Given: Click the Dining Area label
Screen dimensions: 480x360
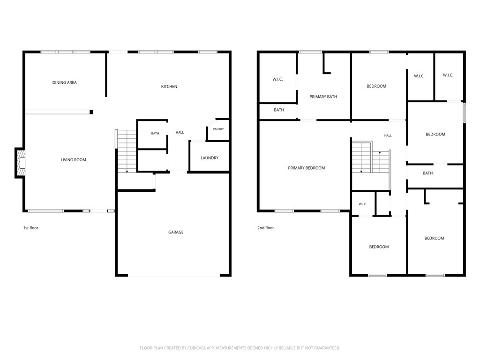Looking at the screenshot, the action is coord(64,82).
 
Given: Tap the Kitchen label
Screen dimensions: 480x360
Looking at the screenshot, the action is coord(169,86).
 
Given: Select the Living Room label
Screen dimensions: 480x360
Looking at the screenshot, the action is coord(73,159).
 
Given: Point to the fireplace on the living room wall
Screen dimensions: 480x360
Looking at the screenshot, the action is coord(20,163).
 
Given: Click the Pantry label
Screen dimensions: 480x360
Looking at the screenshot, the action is coord(218,129).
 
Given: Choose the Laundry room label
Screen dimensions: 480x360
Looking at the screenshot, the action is coord(210,158).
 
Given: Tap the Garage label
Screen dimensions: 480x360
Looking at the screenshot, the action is coord(176,232).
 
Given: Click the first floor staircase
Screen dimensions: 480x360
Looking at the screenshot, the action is coord(127,151).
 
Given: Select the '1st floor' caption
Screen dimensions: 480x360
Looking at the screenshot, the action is coord(30,228).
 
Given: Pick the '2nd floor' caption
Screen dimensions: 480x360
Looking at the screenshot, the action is coord(265,228).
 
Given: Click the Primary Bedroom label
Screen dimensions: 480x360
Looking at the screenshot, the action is coord(307,168).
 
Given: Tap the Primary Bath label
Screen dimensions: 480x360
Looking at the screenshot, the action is coord(323,97).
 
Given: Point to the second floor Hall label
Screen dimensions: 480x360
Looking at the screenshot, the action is coord(388,135).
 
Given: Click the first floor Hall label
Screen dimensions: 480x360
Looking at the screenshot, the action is coord(180,132).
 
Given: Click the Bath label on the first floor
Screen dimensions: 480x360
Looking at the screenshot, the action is coord(155,134).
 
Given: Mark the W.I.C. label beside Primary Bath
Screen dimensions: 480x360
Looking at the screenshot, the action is coord(277,79).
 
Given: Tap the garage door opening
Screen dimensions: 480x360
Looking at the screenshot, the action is coord(174,275).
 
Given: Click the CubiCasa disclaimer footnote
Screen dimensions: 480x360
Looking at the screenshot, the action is coord(240,348).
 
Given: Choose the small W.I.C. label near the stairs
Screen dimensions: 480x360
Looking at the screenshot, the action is coord(363,204).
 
